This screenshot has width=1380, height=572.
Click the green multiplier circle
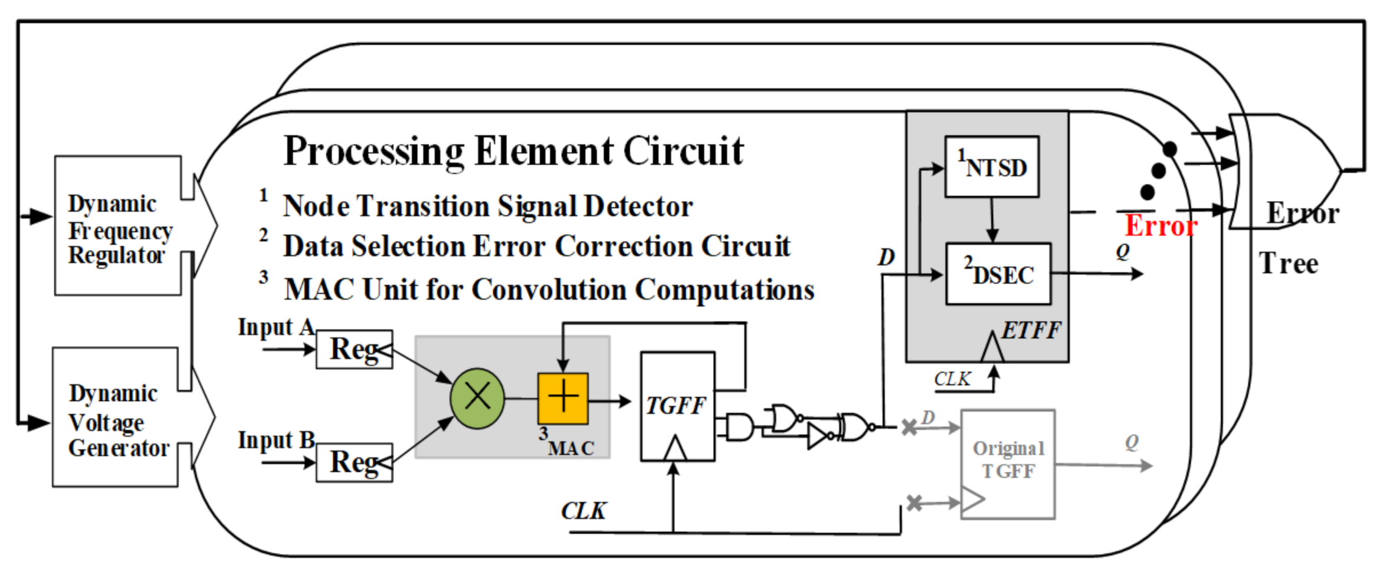coord(477,399)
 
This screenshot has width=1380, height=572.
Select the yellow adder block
coord(563,399)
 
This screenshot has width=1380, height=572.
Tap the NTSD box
coord(992,167)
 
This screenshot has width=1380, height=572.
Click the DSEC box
coord(998,274)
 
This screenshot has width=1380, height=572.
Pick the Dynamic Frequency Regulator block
coord(118,226)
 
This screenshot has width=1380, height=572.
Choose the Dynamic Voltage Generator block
coord(116,418)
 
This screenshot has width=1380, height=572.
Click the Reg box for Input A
coord(354,349)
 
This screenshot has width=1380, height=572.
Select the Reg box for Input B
coord(354,462)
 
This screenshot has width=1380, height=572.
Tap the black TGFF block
coord(677,406)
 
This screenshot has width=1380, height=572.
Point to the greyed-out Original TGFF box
coord(1008,464)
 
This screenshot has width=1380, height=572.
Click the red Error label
coord(1160,225)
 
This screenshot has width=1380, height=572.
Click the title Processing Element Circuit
coord(513,151)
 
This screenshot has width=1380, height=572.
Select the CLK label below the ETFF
coord(952,379)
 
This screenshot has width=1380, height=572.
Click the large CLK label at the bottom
coord(583,511)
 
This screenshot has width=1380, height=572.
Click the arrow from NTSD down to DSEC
coord(992,219)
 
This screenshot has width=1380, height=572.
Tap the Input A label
coord(276,327)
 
